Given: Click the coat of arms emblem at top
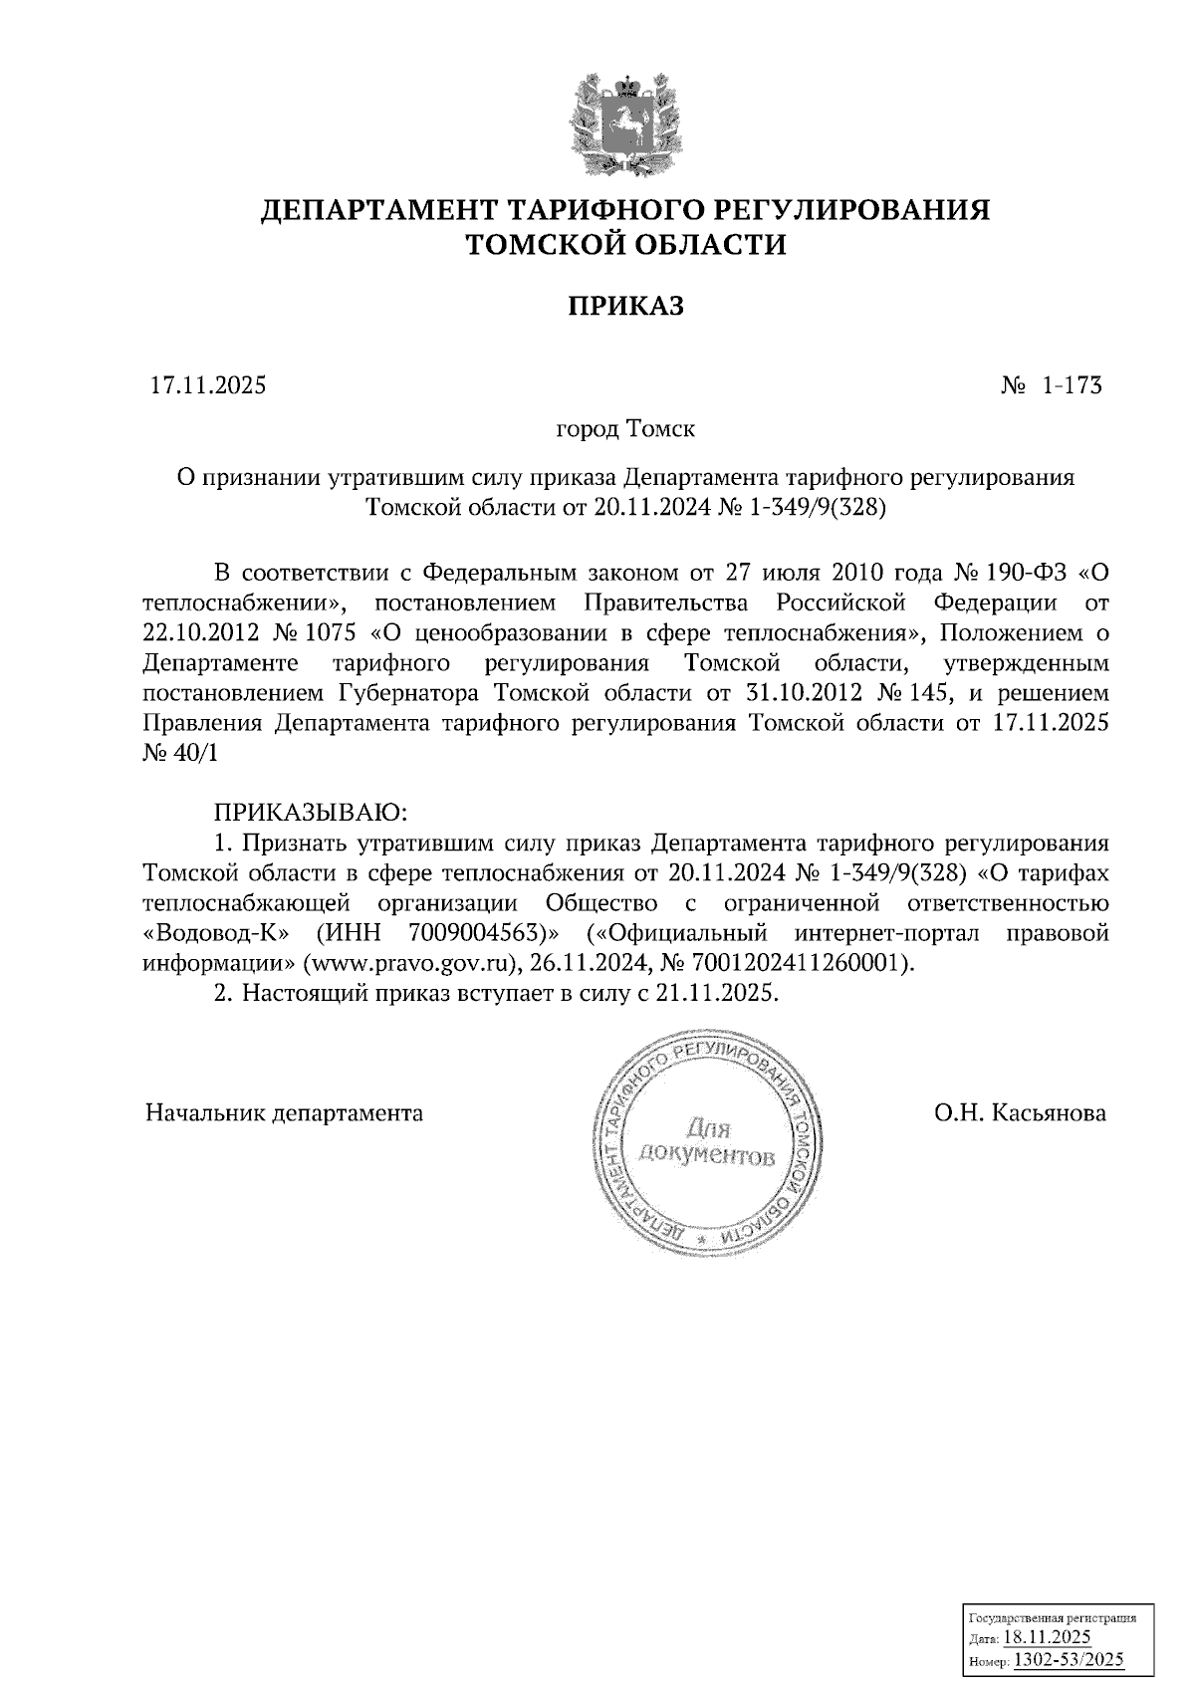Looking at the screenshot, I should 625,123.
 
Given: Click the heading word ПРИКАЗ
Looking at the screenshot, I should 625,306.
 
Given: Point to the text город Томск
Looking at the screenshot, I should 625,430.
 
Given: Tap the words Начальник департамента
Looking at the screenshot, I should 285,1112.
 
